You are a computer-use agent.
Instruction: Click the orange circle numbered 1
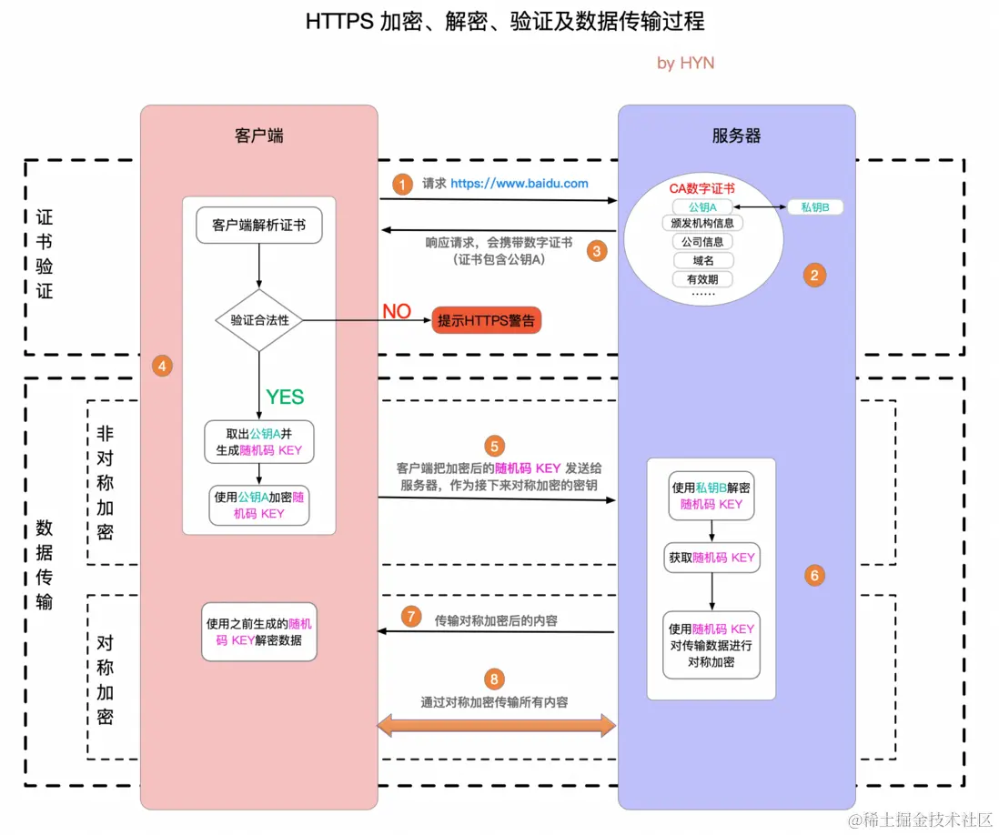(x=402, y=183)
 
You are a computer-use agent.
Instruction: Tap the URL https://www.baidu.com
(x=519, y=183)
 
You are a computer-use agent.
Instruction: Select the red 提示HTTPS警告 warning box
(x=486, y=320)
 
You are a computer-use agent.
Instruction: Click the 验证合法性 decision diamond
(x=259, y=320)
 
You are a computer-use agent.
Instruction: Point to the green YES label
(x=285, y=397)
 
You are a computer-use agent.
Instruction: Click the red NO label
(x=397, y=311)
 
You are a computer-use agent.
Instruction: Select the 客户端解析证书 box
(x=259, y=226)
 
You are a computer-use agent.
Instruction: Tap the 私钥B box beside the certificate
(x=814, y=207)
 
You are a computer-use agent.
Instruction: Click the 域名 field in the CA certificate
(x=702, y=260)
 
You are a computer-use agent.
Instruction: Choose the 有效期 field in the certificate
(x=702, y=279)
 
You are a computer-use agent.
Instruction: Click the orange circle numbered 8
(x=494, y=679)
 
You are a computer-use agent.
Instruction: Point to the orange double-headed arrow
(x=497, y=725)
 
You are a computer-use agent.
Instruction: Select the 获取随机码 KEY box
(x=711, y=558)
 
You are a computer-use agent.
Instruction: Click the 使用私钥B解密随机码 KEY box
(x=711, y=496)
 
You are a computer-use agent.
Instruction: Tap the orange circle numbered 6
(x=814, y=575)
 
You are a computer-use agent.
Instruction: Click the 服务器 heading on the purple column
(x=736, y=136)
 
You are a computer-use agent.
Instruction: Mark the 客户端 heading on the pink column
(x=259, y=136)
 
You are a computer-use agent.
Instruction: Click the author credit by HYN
(x=685, y=63)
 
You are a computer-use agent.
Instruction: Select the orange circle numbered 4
(x=162, y=366)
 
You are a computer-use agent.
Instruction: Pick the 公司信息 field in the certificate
(x=702, y=242)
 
